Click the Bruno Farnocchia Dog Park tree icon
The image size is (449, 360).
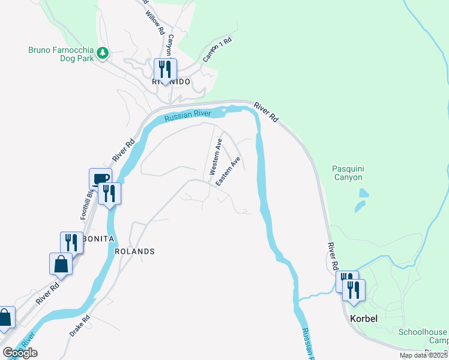(x=103, y=53)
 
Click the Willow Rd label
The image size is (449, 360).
(x=155, y=21)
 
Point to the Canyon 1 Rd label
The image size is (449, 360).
(x=217, y=50)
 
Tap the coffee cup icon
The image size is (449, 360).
(x=100, y=178)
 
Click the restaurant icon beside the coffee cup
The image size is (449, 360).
(x=110, y=193)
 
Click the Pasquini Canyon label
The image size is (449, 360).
(x=348, y=173)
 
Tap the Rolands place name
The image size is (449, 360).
(x=134, y=251)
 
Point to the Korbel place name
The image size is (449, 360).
(x=364, y=319)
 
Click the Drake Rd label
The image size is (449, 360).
(x=80, y=325)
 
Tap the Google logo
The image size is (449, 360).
(x=20, y=353)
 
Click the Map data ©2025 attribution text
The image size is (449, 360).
(x=423, y=355)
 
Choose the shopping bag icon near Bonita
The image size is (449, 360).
(x=61, y=263)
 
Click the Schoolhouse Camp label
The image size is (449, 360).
(x=423, y=337)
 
